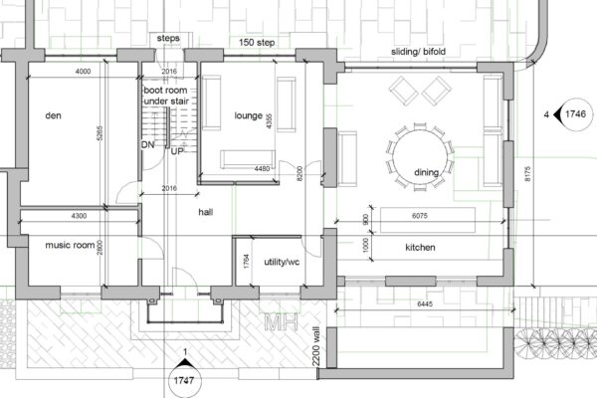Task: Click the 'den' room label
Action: [x=54, y=115]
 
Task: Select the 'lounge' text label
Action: [x=248, y=115]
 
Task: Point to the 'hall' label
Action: [x=206, y=212]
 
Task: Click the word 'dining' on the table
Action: [x=427, y=173]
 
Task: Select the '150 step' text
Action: [x=261, y=44]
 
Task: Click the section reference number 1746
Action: [x=574, y=115]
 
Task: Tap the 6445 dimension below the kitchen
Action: [x=427, y=303]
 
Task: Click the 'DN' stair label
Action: [x=147, y=145]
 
